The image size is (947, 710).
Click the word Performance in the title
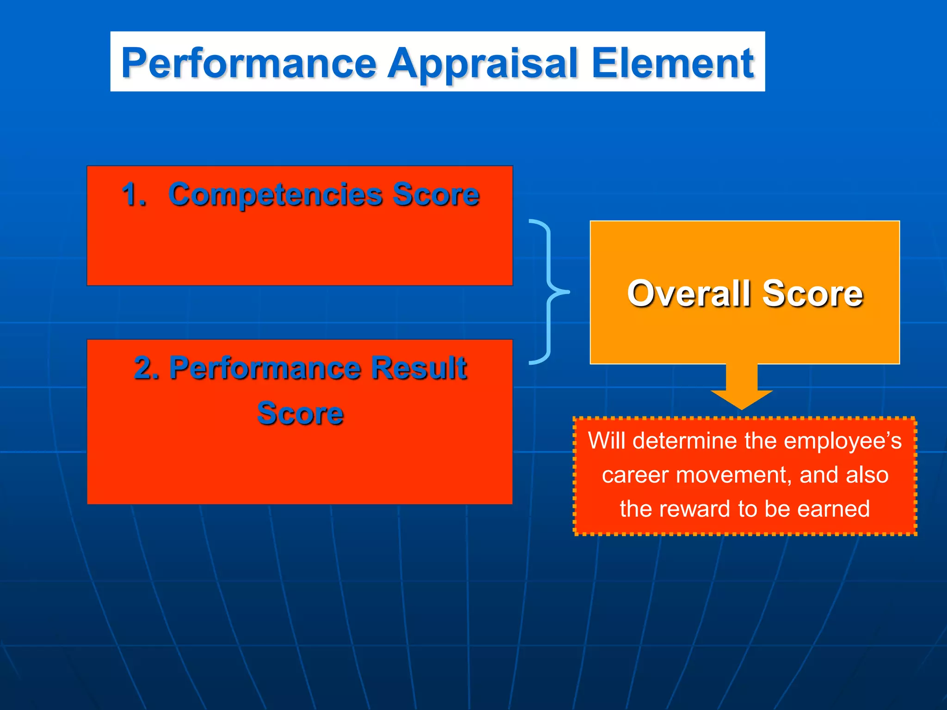[249, 63]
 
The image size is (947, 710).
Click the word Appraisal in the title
[483, 63]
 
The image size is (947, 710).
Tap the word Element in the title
[672, 63]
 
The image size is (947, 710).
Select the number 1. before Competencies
[134, 194]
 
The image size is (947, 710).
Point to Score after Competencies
[436, 194]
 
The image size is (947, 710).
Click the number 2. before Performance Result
[147, 368]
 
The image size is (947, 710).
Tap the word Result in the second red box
[419, 368]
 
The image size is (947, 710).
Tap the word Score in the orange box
[812, 294]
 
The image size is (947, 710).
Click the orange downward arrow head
[741, 398]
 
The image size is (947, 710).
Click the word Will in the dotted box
[606, 441]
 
